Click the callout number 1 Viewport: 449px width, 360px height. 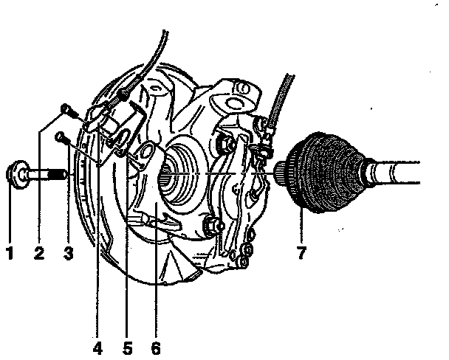tap(10, 255)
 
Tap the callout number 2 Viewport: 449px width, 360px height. tap(39, 255)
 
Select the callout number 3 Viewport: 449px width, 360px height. tap(68, 255)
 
